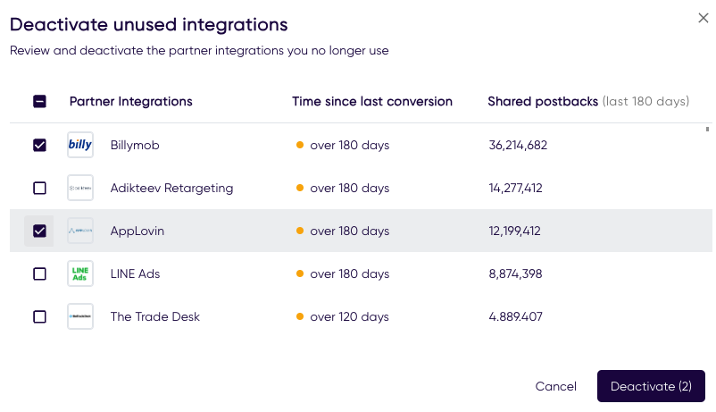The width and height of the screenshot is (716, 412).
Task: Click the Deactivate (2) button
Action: [651, 386]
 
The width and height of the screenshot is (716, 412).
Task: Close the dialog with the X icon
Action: [704, 19]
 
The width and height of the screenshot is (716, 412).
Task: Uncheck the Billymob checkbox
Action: [39, 145]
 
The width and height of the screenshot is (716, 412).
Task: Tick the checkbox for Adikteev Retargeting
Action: [39, 188]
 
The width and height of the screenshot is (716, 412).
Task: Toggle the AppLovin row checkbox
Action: [39, 231]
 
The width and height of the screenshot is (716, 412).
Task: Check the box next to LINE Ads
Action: [39, 273]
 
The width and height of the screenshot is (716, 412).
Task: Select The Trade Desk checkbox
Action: [39, 316]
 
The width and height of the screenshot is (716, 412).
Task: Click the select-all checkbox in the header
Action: [39, 101]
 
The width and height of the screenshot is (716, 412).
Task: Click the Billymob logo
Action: [80, 145]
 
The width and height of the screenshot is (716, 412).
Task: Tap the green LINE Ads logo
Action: [80, 273]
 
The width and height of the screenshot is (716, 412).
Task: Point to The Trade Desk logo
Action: [80, 316]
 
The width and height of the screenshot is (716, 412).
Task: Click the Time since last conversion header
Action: [372, 101]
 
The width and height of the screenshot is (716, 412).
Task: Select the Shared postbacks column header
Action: [543, 101]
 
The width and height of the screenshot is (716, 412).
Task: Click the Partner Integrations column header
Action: [130, 101]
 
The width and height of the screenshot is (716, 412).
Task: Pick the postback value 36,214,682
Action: [518, 145]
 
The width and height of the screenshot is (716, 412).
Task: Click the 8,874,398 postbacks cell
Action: [515, 273]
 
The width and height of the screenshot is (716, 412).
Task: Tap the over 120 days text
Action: [349, 316]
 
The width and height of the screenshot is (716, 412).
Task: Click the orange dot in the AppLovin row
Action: [300, 231]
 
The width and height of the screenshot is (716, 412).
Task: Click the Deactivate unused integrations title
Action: [149, 24]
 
